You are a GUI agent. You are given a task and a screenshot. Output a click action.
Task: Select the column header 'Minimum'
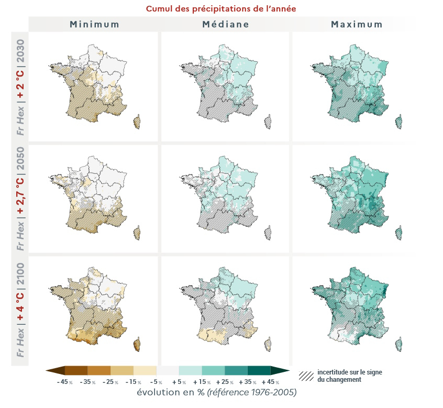tap(95, 24)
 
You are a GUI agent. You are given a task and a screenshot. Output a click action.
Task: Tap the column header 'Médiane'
tap(226, 24)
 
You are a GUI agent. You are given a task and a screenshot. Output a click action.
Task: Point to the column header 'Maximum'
tap(356, 24)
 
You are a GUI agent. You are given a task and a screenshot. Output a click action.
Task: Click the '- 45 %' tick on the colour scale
tap(65, 382)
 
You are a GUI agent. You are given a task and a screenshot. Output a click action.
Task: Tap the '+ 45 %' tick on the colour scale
tap(270, 382)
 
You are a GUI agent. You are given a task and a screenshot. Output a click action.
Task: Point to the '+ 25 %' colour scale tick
tap(225, 382)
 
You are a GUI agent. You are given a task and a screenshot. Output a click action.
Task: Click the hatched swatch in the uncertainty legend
tap(306, 376)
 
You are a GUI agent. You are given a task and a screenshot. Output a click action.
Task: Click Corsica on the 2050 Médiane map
tap(268, 232)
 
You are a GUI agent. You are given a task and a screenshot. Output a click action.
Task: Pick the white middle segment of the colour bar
tap(168, 371)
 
